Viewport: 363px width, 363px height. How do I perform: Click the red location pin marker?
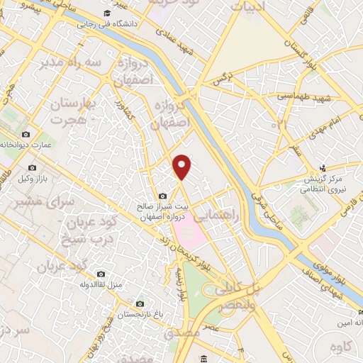pyautogui.click(x=184, y=166)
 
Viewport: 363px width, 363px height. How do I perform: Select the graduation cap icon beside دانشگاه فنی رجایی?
pyautogui.click(x=106, y=13)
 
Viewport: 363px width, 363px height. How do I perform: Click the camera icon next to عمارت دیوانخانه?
pyautogui.click(x=26, y=134)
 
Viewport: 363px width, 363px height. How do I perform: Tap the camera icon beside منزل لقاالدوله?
pyautogui.click(x=101, y=274)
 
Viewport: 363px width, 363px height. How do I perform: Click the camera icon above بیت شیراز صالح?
pyautogui.click(x=164, y=196)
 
